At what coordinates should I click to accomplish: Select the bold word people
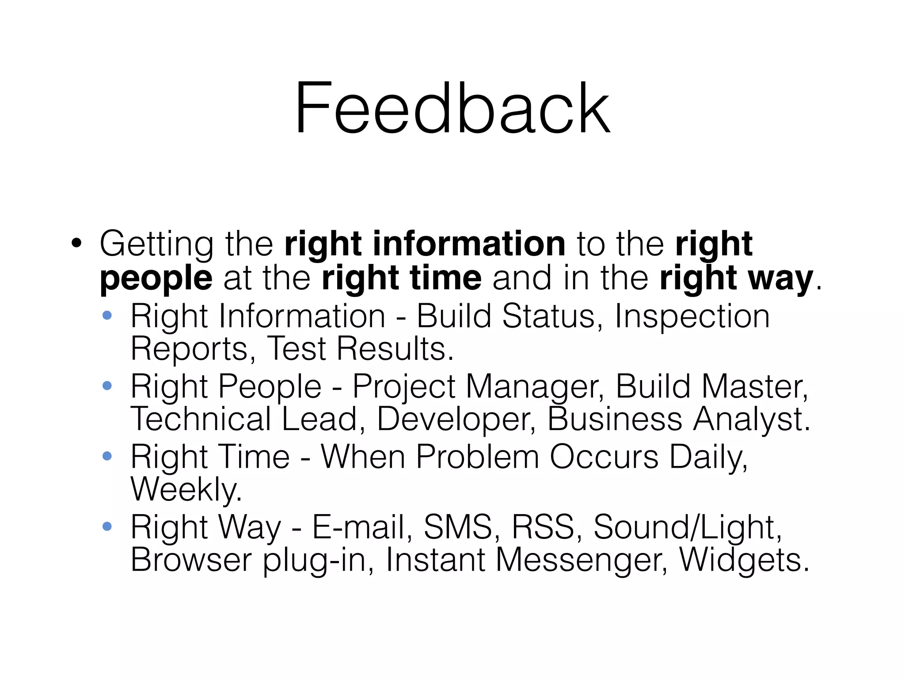click(x=156, y=278)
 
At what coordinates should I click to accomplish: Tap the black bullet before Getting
click(x=76, y=244)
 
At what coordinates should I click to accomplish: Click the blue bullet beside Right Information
click(x=107, y=316)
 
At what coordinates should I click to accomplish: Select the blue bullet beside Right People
click(x=107, y=386)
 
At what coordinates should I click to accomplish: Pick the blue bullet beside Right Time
click(x=107, y=456)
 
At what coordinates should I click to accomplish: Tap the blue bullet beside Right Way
click(x=107, y=526)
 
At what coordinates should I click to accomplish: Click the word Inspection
click(x=692, y=317)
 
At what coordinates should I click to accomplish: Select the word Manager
click(x=535, y=387)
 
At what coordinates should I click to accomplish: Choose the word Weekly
click(x=186, y=489)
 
